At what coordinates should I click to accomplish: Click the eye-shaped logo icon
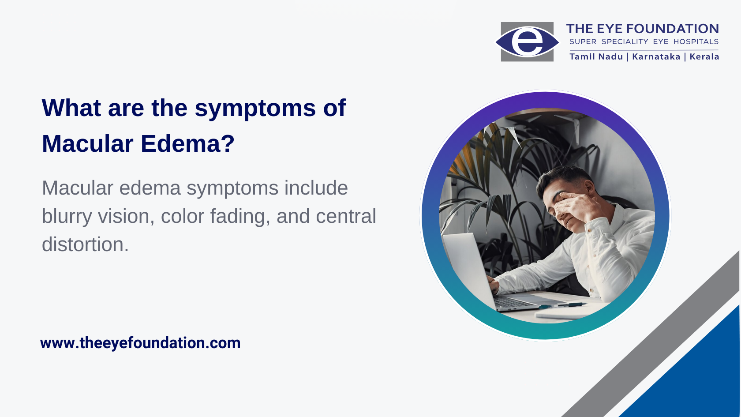pyautogui.click(x=527, y=41)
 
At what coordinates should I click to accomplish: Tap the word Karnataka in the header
pyautogui.click(x=656, y=56)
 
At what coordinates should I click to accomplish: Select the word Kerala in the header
pyautogui.click(x=704, y=56)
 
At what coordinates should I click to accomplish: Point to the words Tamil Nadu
pyautogui.click(x=596, y=56)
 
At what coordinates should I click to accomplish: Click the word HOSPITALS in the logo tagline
pyautogui.click(x=696, y=41)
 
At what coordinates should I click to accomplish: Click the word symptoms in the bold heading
pyautogui.click(x=255, y=109)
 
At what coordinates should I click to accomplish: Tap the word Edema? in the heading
pyautogui.click(x=187, y=144)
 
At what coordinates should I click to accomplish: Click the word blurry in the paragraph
pyautogui.click(x=67, y=217)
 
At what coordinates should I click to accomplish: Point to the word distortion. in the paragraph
pyautogui.click(x=86, y=244)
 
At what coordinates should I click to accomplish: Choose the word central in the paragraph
pyautogui.click(x=346, y=216)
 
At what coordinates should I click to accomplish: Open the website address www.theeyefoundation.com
pyautogui.click(x=140, y=343)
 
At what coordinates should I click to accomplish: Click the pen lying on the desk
pyautogui.click(x=562, y=305)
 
